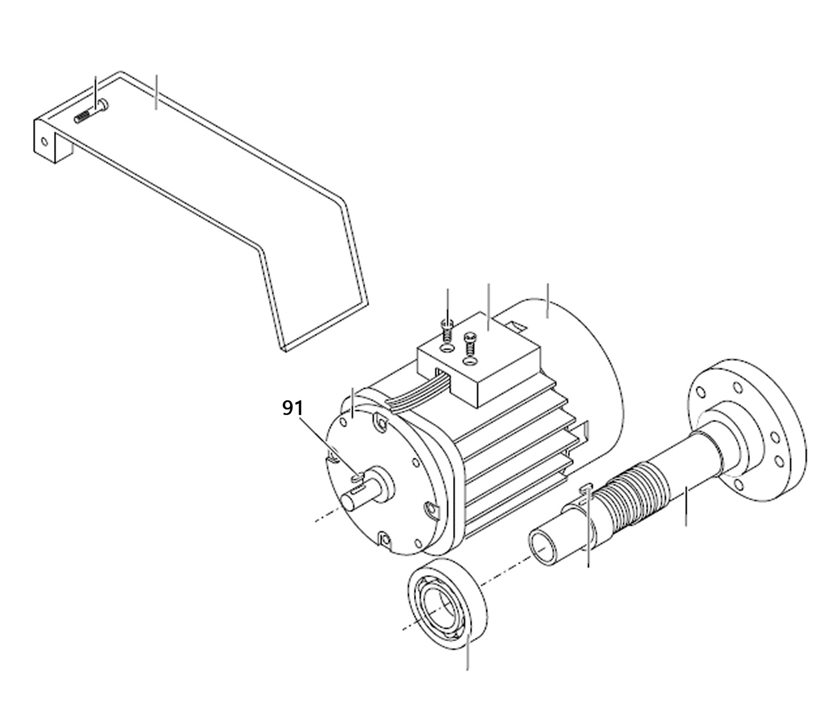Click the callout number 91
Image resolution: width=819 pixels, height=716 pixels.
click(x=293, y=408)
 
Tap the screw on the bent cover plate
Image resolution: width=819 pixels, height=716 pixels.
click(x=91, y=112)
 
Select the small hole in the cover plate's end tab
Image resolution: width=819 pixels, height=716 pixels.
click(x=44, y=141)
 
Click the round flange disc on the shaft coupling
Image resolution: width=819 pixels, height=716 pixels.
click(x=747, y=430)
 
